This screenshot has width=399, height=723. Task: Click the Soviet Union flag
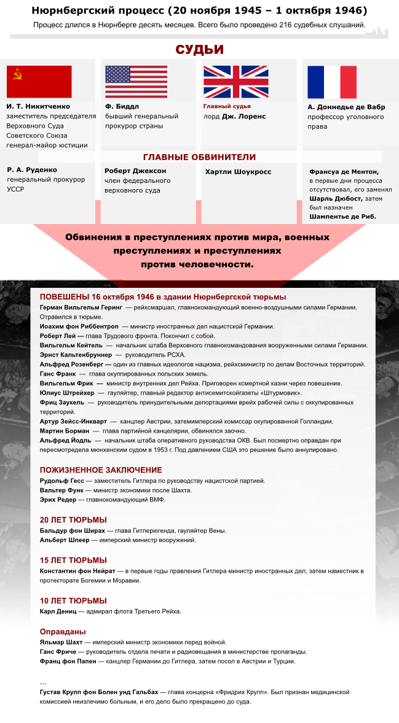39,82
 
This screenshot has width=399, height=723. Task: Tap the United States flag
136,82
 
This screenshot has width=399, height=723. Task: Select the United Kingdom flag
236,82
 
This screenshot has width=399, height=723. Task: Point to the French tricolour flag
332,82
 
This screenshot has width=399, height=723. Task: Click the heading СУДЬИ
199,50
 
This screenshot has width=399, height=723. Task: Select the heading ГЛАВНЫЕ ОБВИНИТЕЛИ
199,157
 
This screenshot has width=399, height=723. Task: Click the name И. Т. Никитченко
39,107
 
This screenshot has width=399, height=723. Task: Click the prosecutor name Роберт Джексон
135,171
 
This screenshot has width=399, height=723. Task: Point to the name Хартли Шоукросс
238,172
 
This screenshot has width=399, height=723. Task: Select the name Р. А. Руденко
32,170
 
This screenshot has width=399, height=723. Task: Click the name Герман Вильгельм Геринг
81,307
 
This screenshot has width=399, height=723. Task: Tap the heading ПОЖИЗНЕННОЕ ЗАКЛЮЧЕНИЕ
101,470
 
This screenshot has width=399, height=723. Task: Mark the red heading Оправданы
63,632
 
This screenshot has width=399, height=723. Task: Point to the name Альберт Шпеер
65,540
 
